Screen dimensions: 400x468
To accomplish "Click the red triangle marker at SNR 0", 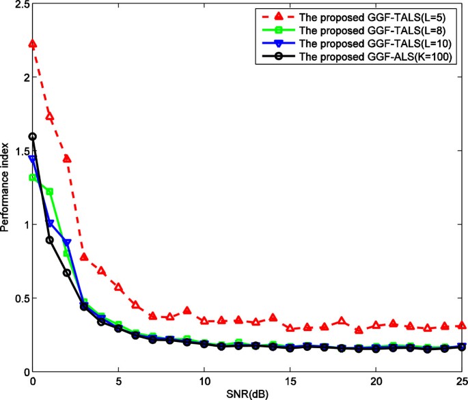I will click(33, 44).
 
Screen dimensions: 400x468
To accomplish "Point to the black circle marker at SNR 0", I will click(33, 137).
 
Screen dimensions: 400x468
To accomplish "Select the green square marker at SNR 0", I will click(33, 177).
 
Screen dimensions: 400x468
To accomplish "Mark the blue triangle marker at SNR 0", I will click(33, 160).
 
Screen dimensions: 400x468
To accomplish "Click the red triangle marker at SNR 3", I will click(84, 257).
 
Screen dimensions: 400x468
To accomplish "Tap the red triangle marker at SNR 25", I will click(461, 326).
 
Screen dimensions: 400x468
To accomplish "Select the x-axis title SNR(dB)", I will click(247, 394).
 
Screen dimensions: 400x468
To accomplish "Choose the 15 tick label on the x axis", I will click(290, 381).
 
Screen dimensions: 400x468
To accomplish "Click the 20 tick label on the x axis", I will click(375, 381).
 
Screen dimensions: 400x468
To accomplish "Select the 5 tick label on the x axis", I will click(118, 381).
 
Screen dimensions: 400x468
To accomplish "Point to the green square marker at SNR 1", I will click(50, 192).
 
